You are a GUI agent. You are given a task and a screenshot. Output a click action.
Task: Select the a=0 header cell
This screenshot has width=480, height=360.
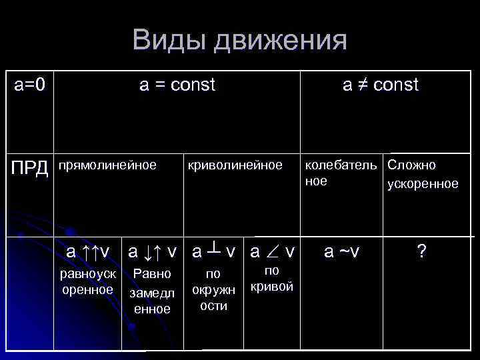[x=30, y=85]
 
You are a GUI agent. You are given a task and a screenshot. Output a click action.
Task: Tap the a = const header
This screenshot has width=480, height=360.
[x=177, y=85]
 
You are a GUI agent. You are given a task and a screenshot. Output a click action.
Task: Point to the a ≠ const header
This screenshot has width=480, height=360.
[x=380, y=85]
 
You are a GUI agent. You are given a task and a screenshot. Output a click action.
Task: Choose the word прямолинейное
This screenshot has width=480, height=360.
[x=108, y=164]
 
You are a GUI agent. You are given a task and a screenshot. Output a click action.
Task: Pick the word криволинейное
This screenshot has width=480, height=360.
[x=235, y=165]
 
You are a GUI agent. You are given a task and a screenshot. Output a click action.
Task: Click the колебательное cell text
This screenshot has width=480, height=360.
[x=341, y=173]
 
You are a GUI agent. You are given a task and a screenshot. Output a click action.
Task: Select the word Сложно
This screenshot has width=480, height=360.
[x=411, y=164]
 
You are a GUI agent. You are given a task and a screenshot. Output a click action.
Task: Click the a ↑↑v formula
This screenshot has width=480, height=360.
[x=87, y=252]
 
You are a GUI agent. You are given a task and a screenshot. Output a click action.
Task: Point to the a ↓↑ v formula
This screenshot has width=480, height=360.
[x=153, y=252]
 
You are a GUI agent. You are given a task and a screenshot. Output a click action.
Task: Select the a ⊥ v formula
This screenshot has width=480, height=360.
[x=213, y=252]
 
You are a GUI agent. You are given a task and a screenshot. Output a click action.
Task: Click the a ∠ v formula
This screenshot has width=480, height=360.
[x=272, y=252]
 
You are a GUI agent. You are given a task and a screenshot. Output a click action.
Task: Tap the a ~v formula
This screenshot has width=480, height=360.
[x=341, y=251]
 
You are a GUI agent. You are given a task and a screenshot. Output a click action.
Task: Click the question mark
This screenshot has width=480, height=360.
[x=421, y=251]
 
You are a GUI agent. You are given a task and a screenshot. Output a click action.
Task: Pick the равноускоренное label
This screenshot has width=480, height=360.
[x=87, y=282]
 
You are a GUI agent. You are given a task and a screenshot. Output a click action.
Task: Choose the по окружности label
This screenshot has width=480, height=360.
[x=213, y=290]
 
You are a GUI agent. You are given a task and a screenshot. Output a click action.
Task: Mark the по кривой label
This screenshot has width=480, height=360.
[x=271, y=279]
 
